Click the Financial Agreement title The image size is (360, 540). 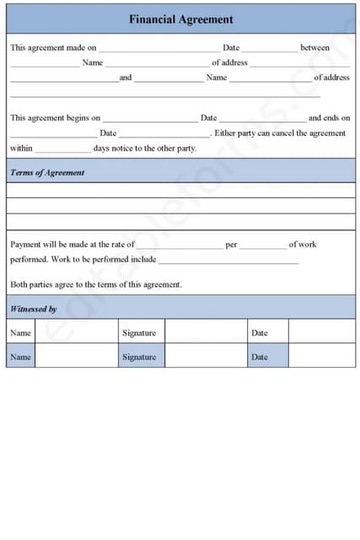180,19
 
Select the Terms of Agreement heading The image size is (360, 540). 47,172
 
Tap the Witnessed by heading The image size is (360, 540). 34,309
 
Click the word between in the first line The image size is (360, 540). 314,48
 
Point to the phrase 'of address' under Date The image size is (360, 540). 229,62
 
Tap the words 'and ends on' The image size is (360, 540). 329,118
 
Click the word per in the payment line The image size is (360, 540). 231,245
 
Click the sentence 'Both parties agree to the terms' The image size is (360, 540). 96,284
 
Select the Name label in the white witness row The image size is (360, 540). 20,332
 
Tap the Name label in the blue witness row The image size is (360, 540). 20,357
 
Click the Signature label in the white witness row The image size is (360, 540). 139,332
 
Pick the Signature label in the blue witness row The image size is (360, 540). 139,357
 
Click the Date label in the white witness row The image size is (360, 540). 259,332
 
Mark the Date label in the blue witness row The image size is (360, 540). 259,357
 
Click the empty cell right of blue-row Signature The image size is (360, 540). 205,356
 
